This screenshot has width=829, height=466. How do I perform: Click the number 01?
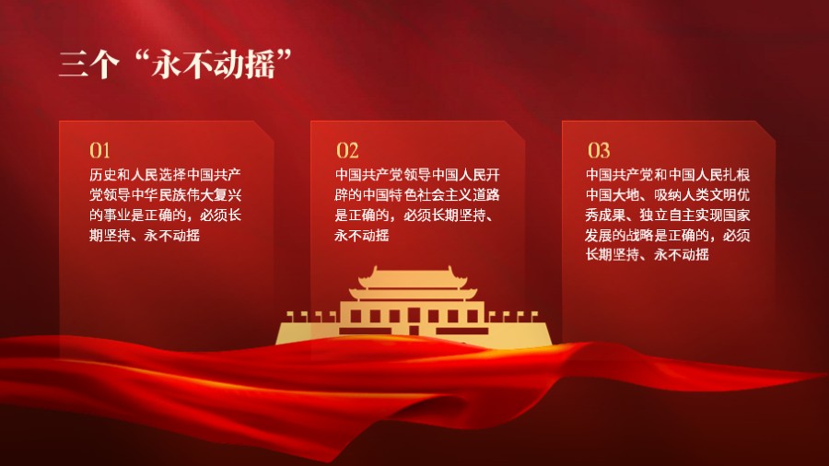click(99, 150)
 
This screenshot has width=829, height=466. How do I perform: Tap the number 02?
click(347, 150)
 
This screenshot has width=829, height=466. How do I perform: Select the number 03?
click(599, 150)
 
